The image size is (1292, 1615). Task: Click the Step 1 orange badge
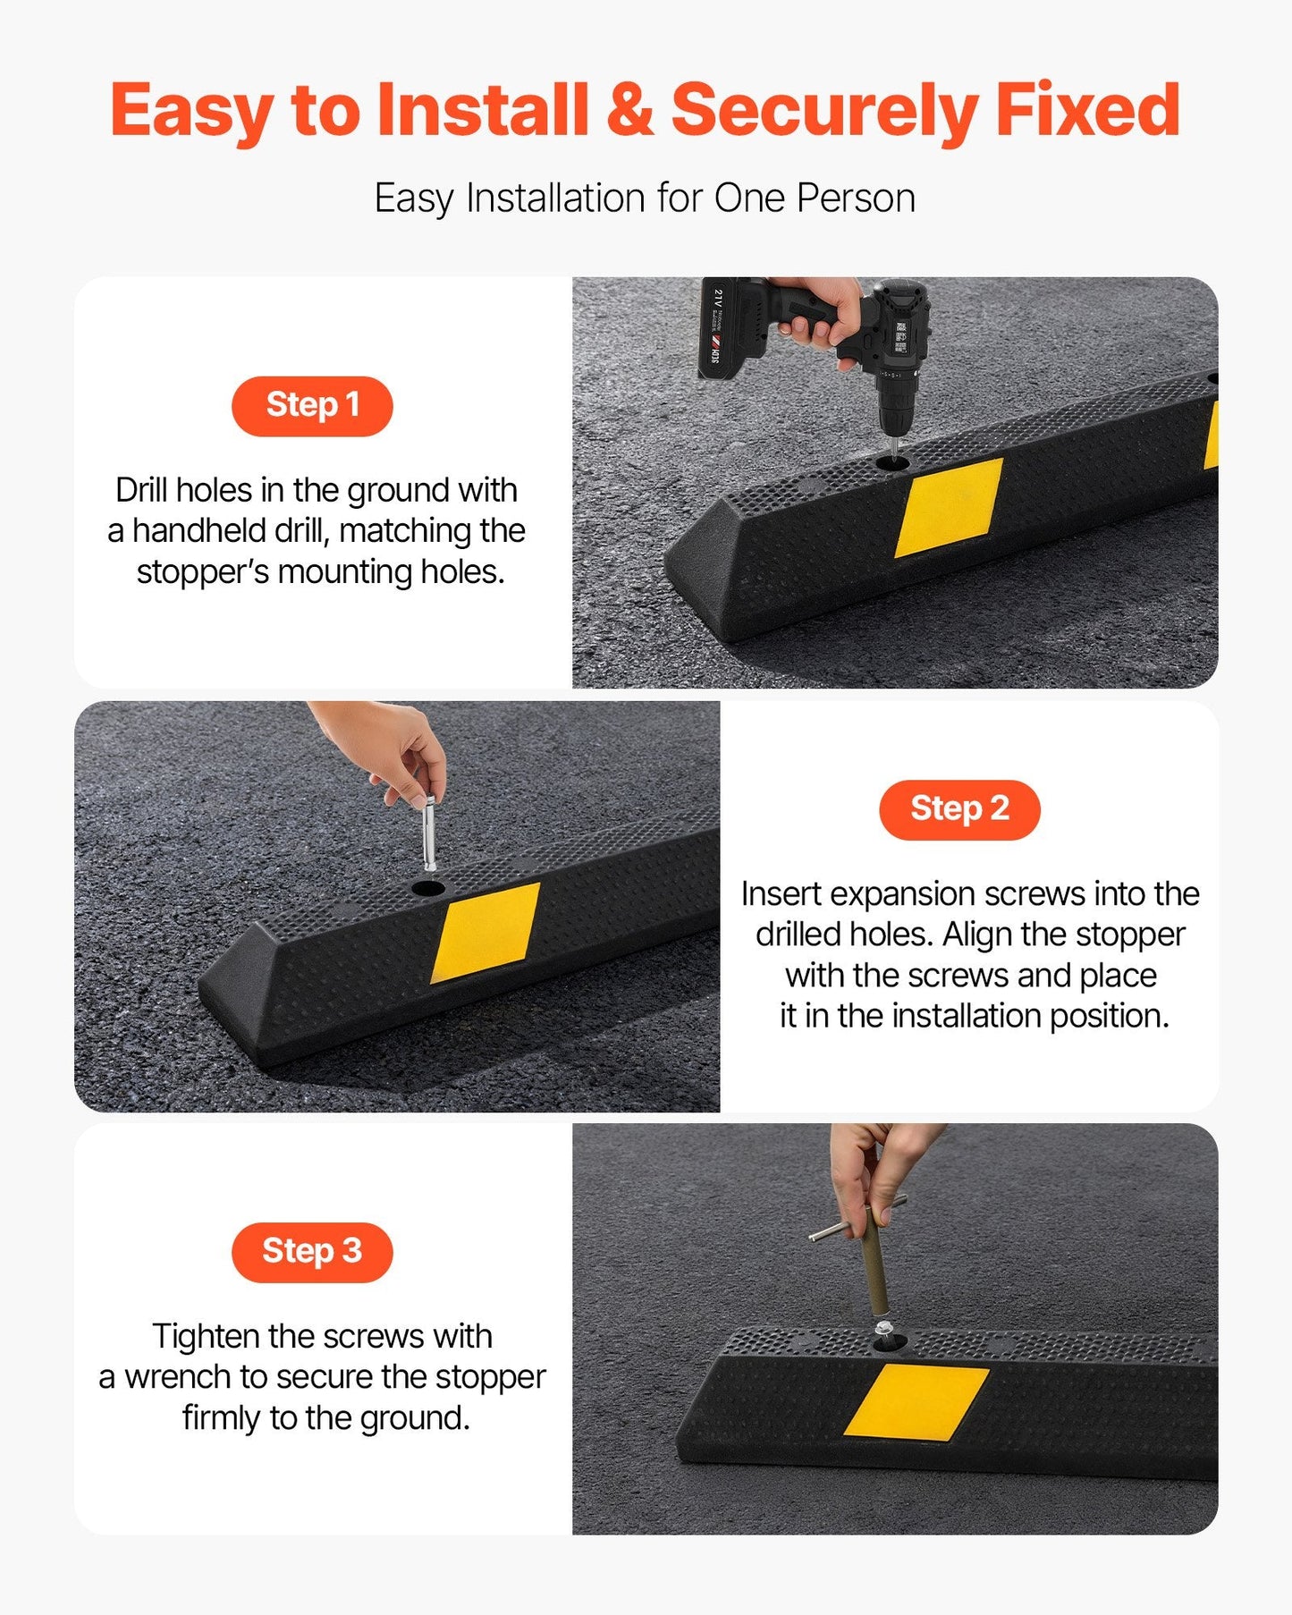[312, 406]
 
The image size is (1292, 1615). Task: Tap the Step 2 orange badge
[959, 809]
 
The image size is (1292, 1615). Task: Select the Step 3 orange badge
[312, 1251]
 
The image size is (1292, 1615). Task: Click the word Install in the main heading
[482, 110]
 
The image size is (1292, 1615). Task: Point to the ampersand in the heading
[629, 110]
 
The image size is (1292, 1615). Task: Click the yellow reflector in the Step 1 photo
[948, 507]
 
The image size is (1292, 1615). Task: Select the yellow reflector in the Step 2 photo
[486, 933]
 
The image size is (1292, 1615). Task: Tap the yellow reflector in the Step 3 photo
[916, 1401]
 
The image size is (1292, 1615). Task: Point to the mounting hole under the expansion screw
[428, 889]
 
